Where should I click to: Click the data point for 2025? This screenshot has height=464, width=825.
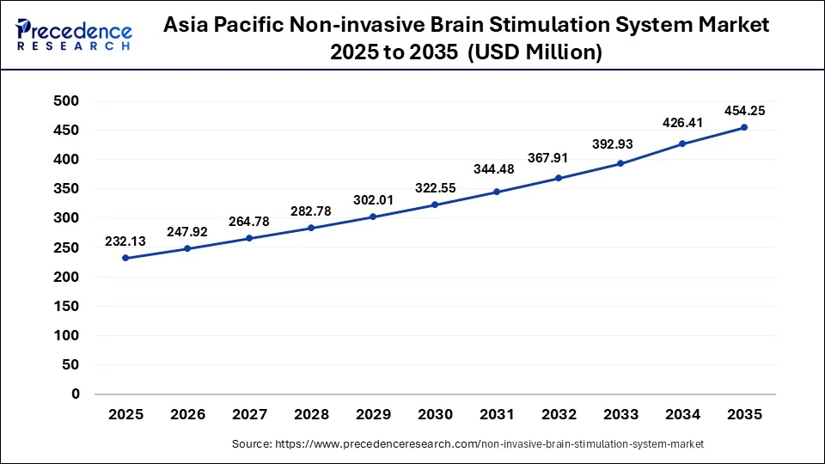[125, 258]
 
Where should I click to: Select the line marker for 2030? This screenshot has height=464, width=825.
[435, 205]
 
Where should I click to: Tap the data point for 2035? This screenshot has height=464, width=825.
[744, 127]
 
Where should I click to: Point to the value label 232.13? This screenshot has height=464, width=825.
[125, 241]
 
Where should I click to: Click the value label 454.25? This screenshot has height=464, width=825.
[744, 110]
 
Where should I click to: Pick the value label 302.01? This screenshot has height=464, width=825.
[373, 200]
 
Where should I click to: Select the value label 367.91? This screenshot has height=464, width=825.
[559, 162]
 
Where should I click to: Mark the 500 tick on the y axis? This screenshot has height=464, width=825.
[66, 101]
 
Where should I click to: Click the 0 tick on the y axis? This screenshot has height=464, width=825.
[75, 394]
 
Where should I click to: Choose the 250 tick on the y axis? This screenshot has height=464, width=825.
[66, 247]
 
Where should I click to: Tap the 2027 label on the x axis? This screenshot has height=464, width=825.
[249, 414]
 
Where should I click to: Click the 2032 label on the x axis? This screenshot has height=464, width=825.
[559, 414]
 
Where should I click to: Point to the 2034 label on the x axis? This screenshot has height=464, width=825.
[682, 414]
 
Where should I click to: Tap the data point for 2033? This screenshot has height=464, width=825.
[620, 163]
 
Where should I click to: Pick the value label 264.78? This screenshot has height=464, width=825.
[249, 222]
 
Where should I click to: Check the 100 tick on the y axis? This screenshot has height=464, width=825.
[66, 335]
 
